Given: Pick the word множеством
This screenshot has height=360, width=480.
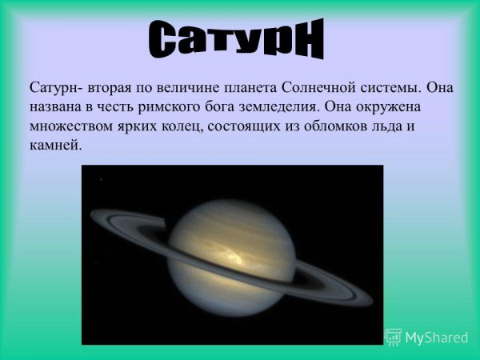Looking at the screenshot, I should (x=68, y=126).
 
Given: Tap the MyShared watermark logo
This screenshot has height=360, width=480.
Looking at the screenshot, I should (x=427, y=337).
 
